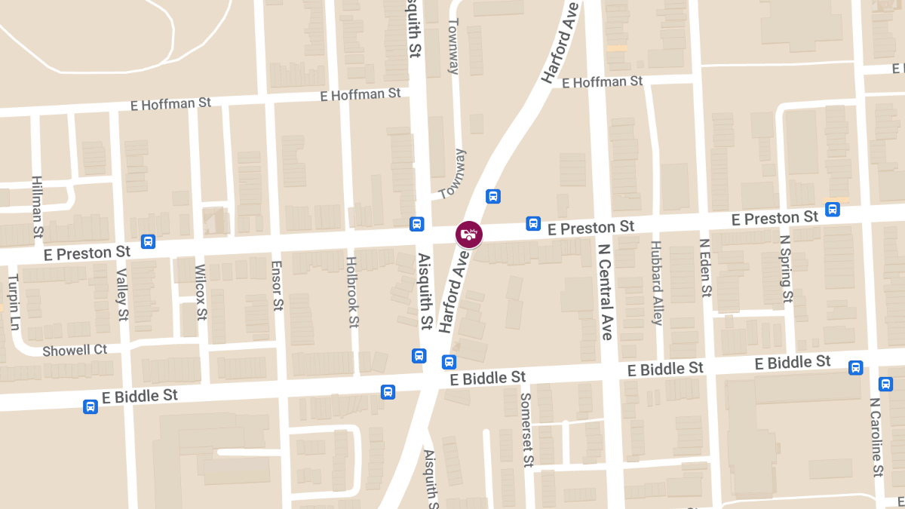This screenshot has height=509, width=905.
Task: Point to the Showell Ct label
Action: (75, 351)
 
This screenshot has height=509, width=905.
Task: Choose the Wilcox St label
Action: (201, 292)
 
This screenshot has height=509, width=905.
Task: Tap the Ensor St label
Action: (277, 286)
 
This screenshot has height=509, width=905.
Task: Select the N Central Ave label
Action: (604, 291)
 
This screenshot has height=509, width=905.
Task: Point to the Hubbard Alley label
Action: (656, 283)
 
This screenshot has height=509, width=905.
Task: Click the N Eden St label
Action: (705, 268)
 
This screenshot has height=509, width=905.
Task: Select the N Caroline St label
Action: (876, 437)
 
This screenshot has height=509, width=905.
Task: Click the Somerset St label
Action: (526, 429)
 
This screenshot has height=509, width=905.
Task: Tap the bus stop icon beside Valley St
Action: (148, 241)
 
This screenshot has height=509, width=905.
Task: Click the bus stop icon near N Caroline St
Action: (855, 367)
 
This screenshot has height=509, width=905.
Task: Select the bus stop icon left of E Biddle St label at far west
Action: (90, 407)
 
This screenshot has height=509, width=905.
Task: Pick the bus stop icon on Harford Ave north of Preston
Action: (493, 196)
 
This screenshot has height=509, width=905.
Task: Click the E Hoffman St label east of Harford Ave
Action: (602, 81)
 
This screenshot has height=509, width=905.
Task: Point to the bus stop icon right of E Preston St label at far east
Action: (833, 209)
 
